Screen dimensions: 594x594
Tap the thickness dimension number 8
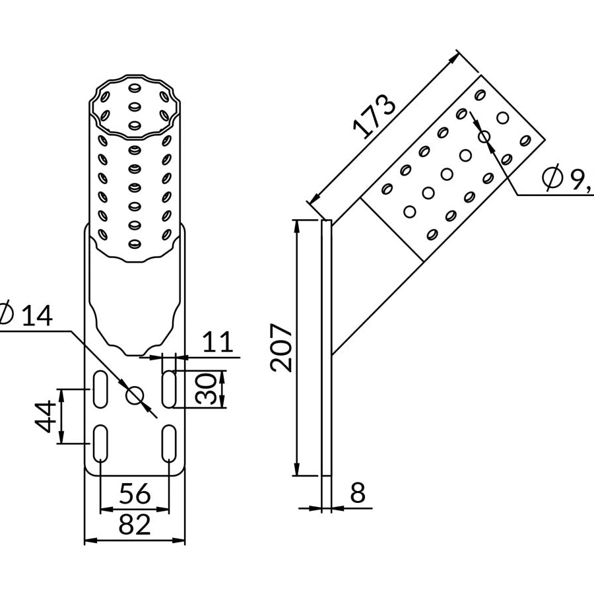pos(357,493)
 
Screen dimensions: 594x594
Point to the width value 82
pos(135,525)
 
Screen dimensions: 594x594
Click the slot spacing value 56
pos(135,494)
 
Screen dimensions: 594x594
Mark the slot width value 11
pos(217,343)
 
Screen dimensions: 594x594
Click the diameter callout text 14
pos(37,316)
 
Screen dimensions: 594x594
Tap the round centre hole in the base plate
pos(135,395)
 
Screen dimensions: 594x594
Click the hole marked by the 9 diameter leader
pos(484,137)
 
